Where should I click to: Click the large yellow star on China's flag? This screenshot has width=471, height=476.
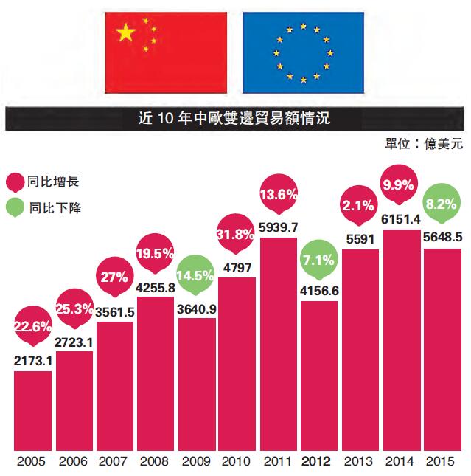click(x=126, y=32)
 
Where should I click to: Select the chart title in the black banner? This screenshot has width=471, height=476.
click(x=236, y=117)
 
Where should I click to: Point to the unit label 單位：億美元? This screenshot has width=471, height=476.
click(x=424, y=142)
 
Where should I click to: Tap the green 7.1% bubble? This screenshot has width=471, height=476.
click(x=320, y=259)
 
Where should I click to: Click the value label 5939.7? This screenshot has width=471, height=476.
click(x=279, y=227)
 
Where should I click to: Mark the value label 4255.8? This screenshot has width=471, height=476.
click(x=156, y=287)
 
